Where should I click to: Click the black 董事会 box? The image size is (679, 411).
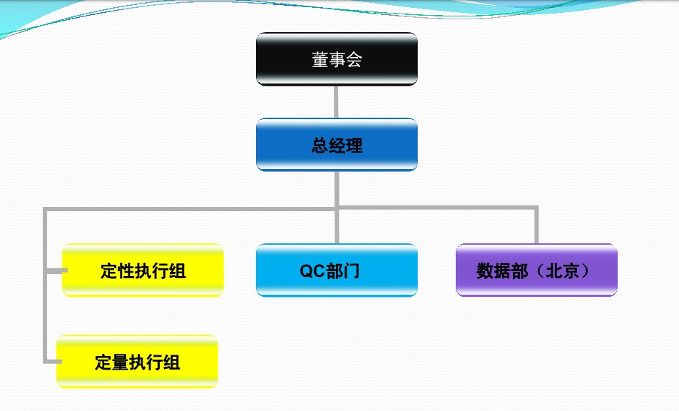(337, 59)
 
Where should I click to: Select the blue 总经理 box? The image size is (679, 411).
(337, 145)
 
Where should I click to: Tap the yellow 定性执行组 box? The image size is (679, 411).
(143, 270)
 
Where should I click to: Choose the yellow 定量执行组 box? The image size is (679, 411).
(137, 362)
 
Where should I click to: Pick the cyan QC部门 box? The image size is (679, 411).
(337, 270)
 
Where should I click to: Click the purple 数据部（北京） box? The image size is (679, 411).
(536, 270)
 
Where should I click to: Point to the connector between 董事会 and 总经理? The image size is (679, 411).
(336, 102)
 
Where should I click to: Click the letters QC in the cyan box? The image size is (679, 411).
(312, 271)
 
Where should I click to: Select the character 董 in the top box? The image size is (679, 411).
(320, 59)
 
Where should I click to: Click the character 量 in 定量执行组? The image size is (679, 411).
(121, 362)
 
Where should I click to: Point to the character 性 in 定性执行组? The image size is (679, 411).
(126, 271)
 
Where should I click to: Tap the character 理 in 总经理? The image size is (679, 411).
(354, 146)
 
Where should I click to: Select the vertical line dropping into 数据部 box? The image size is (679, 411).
(536, 225)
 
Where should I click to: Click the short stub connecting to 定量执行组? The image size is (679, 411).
(52, 361)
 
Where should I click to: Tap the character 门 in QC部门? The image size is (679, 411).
(351, 271)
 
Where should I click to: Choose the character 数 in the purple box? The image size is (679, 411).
(485, 271)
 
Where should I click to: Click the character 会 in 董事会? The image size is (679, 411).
(354, 59)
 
